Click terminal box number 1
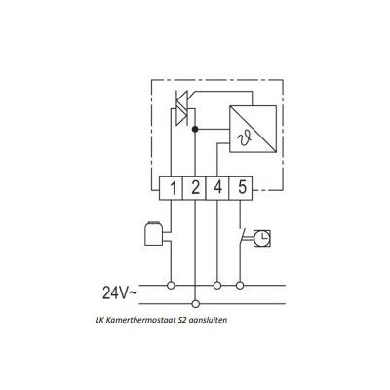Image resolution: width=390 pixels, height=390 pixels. coord(171,188)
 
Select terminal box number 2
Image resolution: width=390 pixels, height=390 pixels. coord(194,188)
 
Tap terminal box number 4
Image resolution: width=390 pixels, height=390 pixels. coord(217,188)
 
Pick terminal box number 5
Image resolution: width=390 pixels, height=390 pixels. coord(241,188)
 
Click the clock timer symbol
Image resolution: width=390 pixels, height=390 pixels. coord(262,239)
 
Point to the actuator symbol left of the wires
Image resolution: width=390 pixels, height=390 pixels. coord(153,234)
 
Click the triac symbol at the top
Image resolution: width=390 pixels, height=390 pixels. coord(181,108)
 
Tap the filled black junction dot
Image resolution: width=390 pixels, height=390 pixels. coord(195,129)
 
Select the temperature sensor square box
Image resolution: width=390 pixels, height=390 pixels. coord(253,129)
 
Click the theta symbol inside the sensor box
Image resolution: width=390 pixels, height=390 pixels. coord(245,139)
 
